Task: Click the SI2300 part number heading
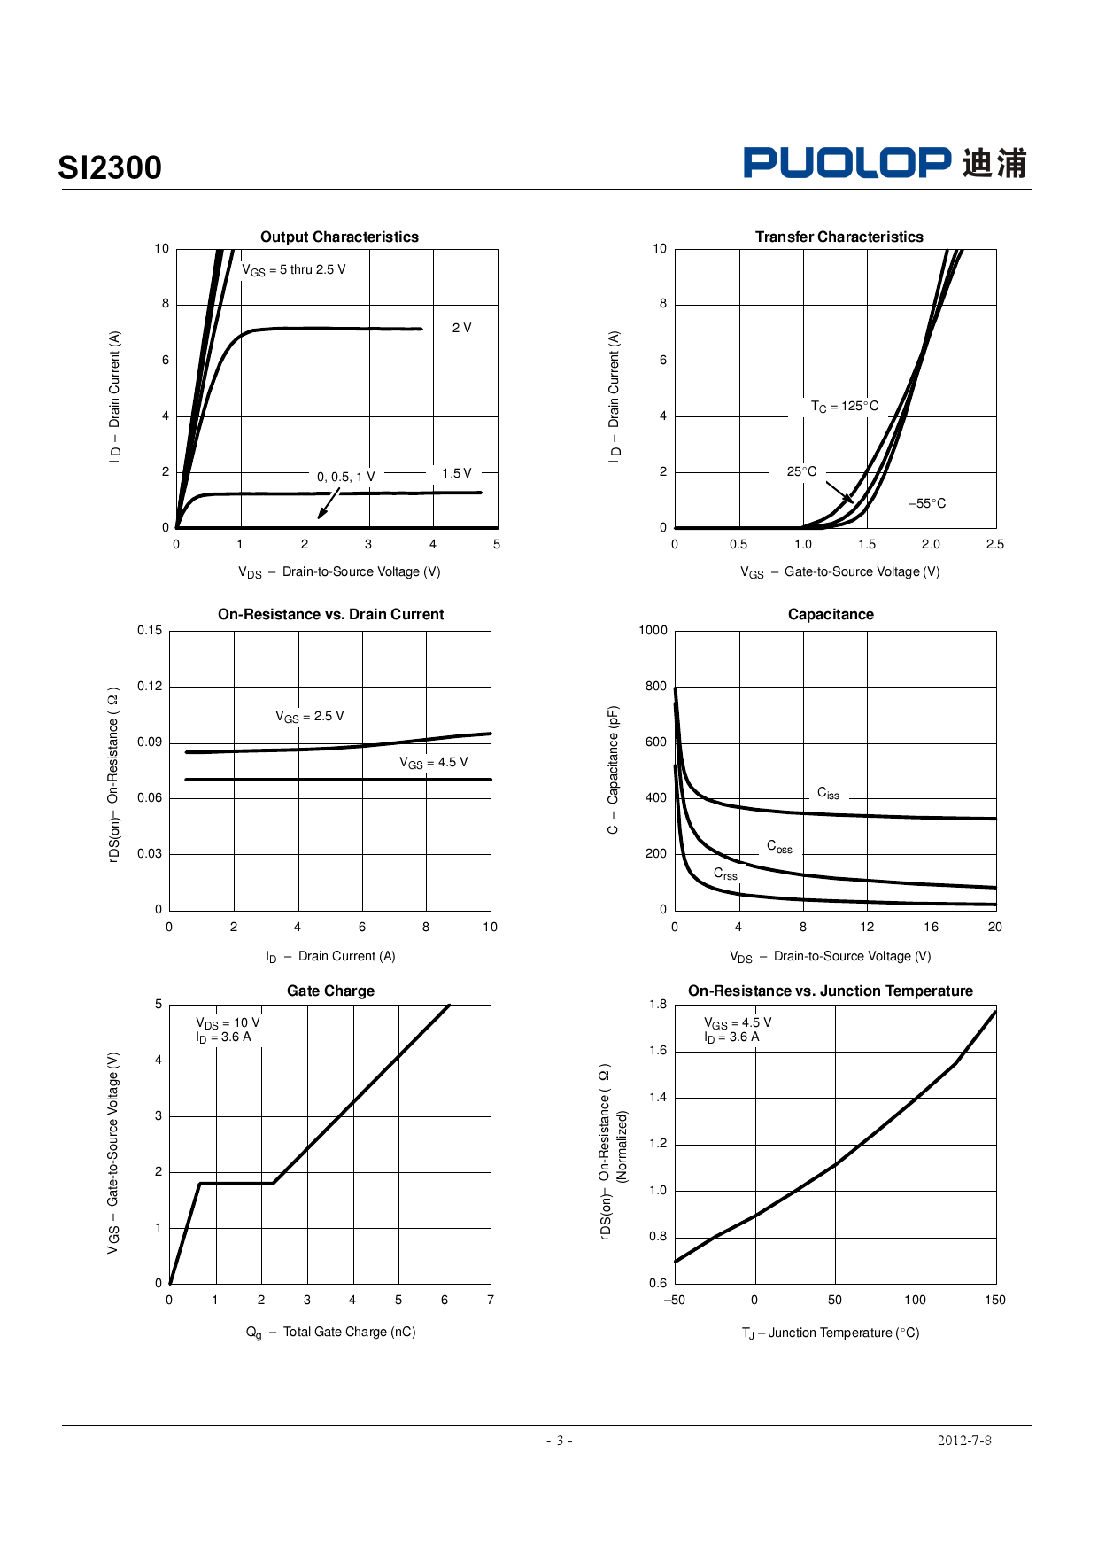tap(110, 167)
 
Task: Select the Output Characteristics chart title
tap(339, 237)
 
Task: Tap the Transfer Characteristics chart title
tap(839, 237)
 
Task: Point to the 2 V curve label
tap(461, 328)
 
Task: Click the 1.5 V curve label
tap(457, 473)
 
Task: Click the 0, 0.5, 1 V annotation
tap(345, 477)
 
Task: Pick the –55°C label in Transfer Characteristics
tap(927, 503)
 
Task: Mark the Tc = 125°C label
tap(845, 407)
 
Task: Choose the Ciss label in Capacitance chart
tap(828, 794)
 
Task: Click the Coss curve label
tap(779, 847)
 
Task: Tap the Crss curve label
tap(725, 874)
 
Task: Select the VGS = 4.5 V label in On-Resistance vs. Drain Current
tap(433, 763)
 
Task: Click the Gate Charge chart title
tap(330, 991)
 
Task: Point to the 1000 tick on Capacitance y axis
tap(653, 631)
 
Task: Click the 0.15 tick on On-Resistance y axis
tap(150, 631)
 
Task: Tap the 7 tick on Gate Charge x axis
tap(491, 1300)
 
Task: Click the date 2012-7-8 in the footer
tap(964, 1441)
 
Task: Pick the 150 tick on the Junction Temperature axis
tap(995, 1300)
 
